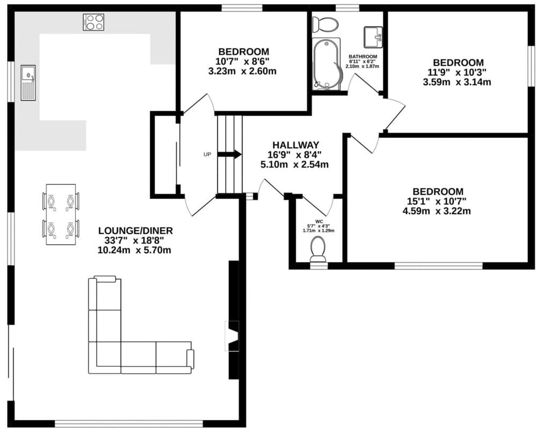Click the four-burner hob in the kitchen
tap(93, 22)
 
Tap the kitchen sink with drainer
tap(28, 83)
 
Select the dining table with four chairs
tap(61, 215)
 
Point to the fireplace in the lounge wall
tap(232, 336)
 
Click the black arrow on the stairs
tap(229, 155)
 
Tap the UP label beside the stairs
tap(207, 155)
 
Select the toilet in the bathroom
tap(325, 24)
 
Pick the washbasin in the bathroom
tap(373, 37)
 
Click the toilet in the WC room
tap(318, 249)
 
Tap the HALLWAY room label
tap(295, 145)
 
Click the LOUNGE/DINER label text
tap(136, 231)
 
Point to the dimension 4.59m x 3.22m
tap(437, 211)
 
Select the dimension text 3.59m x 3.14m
tap(457, 82)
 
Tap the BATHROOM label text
tap(362, 56)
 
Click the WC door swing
tap(317, 204)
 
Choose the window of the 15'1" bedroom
tap(438, 266)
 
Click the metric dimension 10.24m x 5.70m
tap(134, 250)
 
